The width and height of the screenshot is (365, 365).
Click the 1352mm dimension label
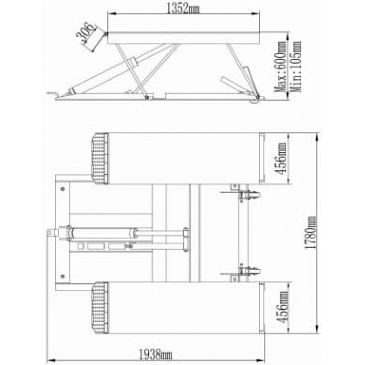184,8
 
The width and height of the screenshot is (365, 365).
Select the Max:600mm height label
280,67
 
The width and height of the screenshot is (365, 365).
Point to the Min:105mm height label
295,67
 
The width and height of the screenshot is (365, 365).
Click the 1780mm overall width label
311,233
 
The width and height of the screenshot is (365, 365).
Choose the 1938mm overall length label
155,355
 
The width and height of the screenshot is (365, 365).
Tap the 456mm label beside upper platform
281,159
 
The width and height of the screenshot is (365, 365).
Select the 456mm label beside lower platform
283,307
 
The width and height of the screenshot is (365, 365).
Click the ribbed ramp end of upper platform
100,159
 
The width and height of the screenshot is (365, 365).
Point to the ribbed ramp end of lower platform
100,307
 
